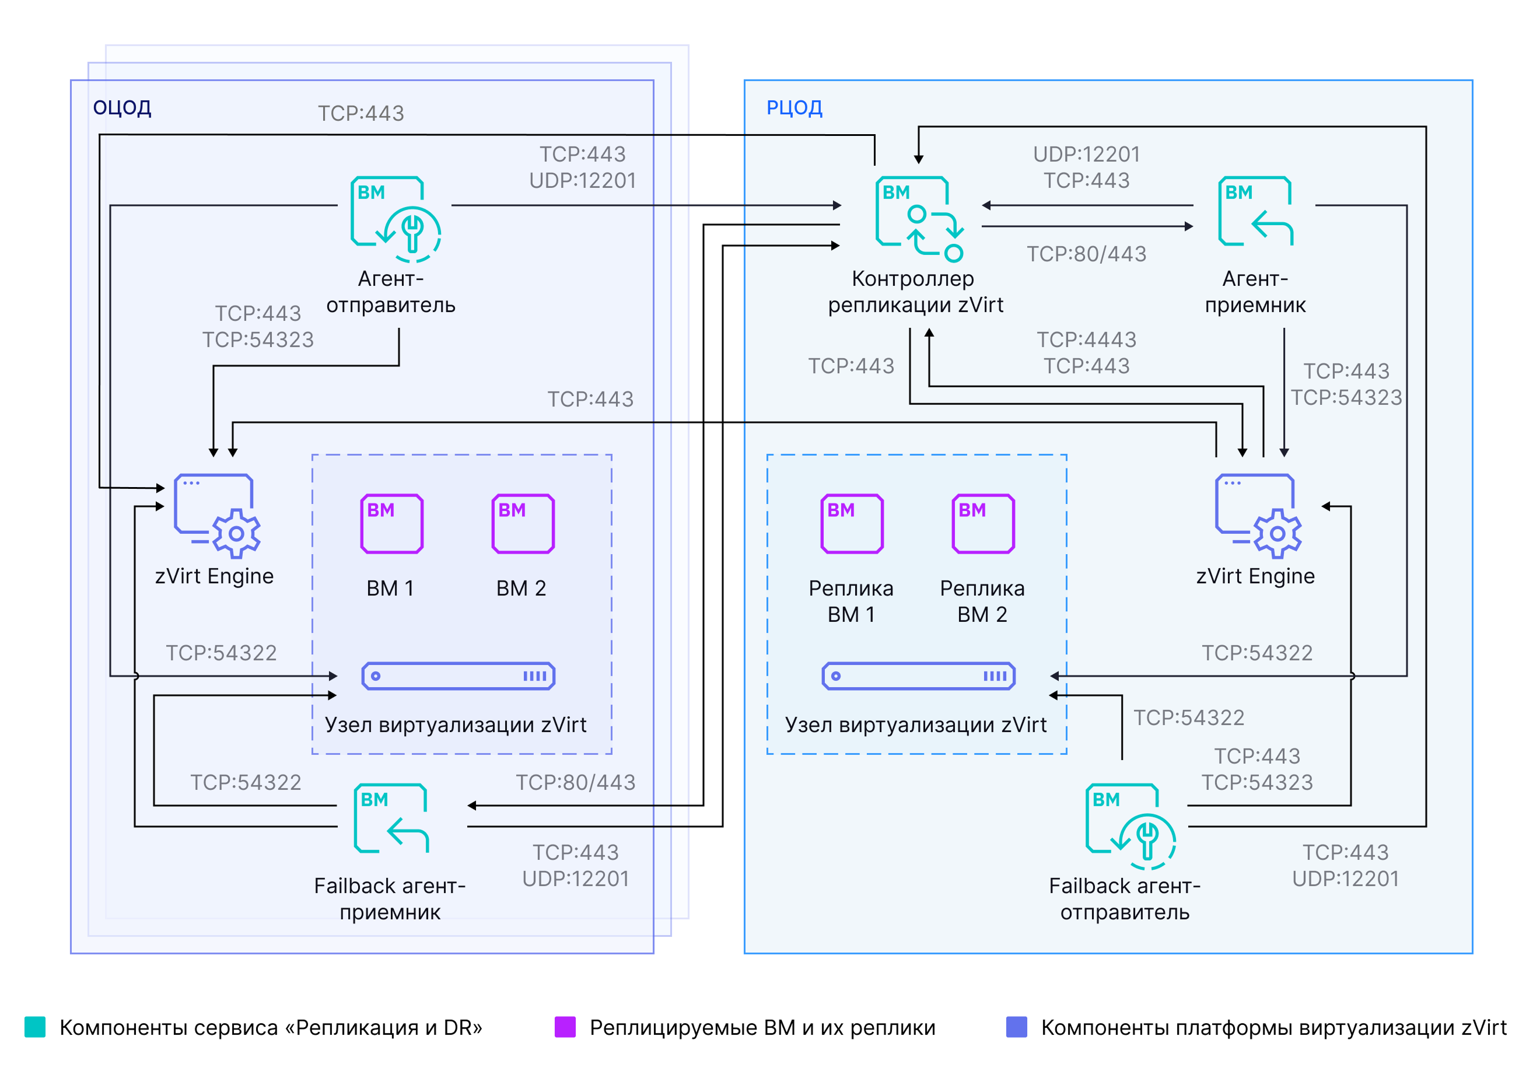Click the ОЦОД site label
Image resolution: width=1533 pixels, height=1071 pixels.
[x=122, y=107]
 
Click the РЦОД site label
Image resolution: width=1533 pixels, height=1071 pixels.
[x=794, y=107]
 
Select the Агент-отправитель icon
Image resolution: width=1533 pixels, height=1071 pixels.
[x=396, y=219]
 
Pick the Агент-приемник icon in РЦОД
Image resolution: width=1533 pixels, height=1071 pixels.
[x=1256, y=211]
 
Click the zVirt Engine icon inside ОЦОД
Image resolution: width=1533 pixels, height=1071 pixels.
[x=217, y=516]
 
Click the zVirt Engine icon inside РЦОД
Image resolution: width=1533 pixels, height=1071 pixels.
[x=1258, y=516]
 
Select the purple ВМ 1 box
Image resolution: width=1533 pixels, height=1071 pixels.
[x=392, y=523]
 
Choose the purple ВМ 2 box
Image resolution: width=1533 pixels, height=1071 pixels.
[x=523, y=523]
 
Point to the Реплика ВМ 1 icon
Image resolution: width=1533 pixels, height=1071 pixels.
[x=852, y=523]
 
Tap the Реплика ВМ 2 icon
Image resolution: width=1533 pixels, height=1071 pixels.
[x=984, y=523]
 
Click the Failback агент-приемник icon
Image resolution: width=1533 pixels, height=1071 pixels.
[x=391, y=818]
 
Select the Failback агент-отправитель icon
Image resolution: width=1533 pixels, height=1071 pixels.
[x=1131, y=826]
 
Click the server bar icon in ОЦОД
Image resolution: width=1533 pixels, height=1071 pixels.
[x=458, y=675]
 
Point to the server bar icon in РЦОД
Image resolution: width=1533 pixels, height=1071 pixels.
[x=919, y=675]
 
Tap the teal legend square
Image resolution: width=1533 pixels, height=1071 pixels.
[x=35, y=1027]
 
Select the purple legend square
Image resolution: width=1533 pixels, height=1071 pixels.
[x=565, y=1027]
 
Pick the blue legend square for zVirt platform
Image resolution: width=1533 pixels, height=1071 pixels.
[x=1016, y=1027]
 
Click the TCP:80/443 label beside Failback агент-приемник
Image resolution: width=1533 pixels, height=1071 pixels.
[x=576, y=782]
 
